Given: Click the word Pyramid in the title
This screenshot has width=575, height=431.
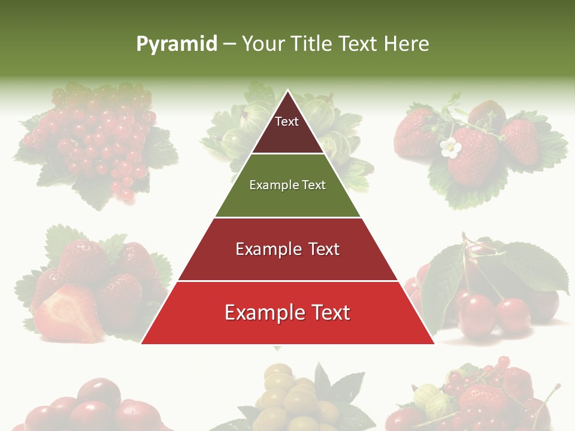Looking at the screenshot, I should [x=176, y=44].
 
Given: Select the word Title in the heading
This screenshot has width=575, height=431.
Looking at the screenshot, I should [x=310, y=44].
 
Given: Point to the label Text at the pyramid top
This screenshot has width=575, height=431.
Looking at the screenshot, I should [x=287, y=122].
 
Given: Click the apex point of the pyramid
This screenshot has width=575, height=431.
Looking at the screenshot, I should [x=287, y=92].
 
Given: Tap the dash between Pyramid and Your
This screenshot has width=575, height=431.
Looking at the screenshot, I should [x=229, y=44].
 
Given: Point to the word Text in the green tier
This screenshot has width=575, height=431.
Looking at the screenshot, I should [x=313, y=185].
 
